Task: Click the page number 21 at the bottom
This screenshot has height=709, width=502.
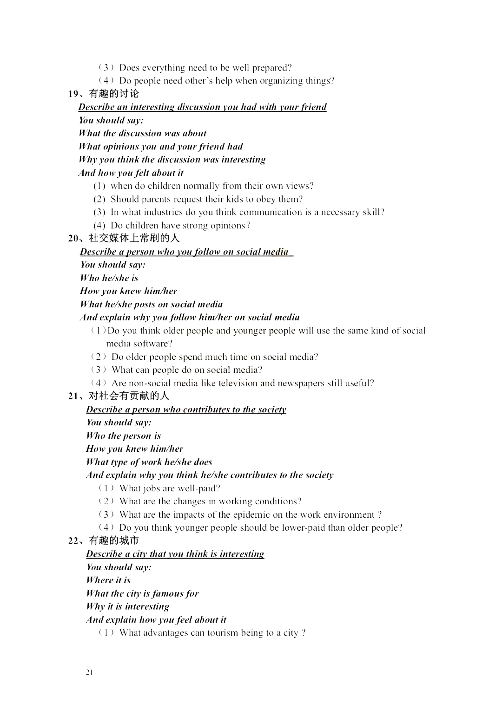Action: pyautogui.click(x=90, y=672)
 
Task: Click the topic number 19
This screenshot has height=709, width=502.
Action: pyautogui.click(x=73, y=94)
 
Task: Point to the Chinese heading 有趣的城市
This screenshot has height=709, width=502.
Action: pyautogui.click(x=114, y=540)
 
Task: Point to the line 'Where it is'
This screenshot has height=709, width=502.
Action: pyautogui.click(x=108, y=580)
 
